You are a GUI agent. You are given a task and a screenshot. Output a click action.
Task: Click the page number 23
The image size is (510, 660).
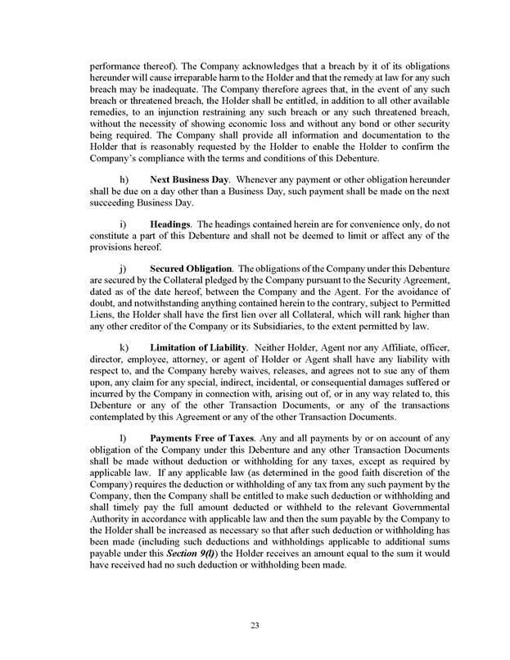click(x=255, y=626)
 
